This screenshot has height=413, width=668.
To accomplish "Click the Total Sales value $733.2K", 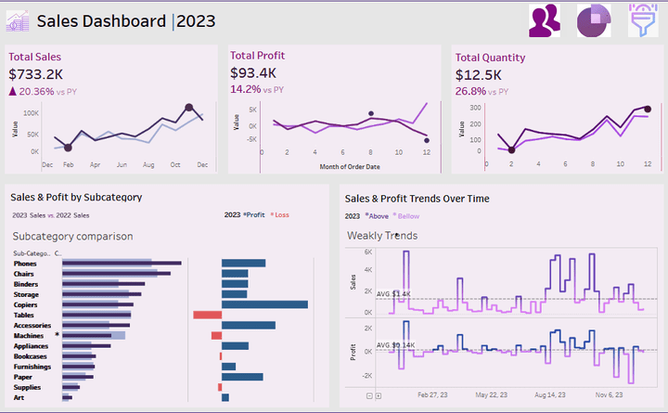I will (x=36, y=74).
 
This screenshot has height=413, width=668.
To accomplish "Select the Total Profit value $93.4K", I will (x=253, y=72).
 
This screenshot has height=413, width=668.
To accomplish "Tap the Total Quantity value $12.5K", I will (x=479, y=74).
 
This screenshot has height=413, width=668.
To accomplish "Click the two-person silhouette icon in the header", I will (x=545, y=20).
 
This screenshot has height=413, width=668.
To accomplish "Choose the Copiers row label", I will (x=27, y=303).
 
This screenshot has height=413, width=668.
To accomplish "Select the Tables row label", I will (x=25, y=315).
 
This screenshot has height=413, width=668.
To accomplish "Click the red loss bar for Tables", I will (x=207, y=315).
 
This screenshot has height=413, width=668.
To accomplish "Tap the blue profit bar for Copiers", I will (x=264, y=303).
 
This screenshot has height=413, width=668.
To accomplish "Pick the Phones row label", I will (x=26, y=264).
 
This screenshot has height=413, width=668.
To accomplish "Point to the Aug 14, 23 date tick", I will (x=549, y=394).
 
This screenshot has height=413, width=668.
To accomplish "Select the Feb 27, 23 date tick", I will (x=433, y=394).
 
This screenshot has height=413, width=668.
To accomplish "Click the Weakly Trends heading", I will (x=382, y=236).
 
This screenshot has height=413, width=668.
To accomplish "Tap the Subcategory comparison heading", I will (x=72, y=236).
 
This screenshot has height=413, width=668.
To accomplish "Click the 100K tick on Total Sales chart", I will (x=31, y=112).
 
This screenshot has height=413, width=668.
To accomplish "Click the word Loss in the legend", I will (x=281, y=215).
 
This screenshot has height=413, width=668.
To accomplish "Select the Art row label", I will (x=19, y=397).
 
